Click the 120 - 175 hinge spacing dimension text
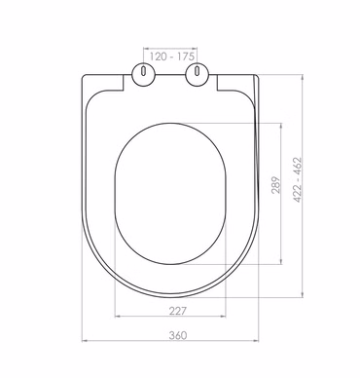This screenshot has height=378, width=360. click(170, 47)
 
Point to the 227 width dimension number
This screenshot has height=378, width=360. click(176, 311)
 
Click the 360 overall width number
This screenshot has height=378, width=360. click(176, 334)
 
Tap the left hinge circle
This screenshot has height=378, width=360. click(144, 73)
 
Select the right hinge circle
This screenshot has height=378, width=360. click(200, 73)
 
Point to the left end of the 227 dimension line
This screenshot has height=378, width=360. click(116, 318)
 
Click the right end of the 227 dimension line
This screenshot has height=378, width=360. click(229, 318)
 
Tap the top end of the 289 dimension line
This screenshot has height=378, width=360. click(282, 123)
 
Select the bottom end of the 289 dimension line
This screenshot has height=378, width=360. click(282, 264)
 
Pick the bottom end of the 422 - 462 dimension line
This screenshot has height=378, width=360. click(307, 292)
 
